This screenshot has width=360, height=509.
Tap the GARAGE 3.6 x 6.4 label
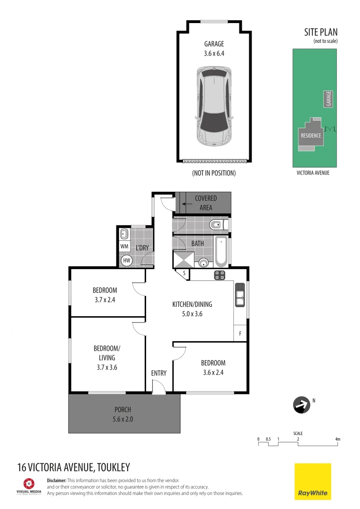214,49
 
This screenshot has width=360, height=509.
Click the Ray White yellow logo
312,481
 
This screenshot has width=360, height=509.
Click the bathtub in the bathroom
221,251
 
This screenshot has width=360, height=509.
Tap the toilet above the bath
218,225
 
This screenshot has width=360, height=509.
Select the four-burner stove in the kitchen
220,275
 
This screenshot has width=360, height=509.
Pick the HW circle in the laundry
126,260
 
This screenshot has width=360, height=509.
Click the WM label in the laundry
124,246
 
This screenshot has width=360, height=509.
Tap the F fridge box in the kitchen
240,334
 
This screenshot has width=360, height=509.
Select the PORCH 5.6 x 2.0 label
123,414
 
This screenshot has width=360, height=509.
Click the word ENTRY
159,373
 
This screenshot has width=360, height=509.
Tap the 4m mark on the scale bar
337,439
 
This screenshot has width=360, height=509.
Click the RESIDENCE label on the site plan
311,136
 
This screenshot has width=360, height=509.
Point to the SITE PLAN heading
320,33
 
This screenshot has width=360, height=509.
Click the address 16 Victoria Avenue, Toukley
73,468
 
